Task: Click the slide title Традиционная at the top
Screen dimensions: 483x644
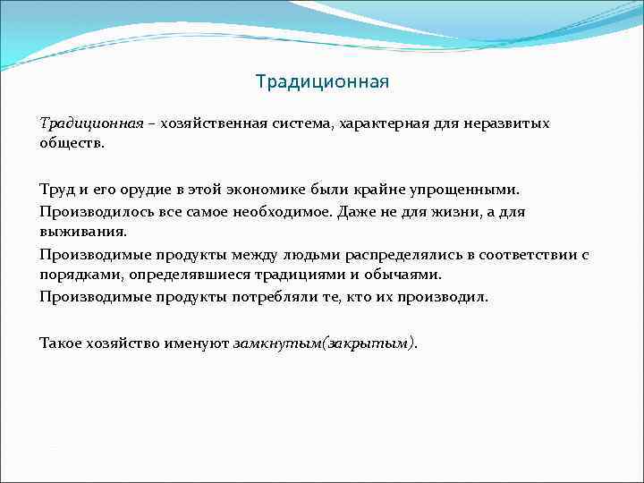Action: pyautogui.click(x=322, y=83)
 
